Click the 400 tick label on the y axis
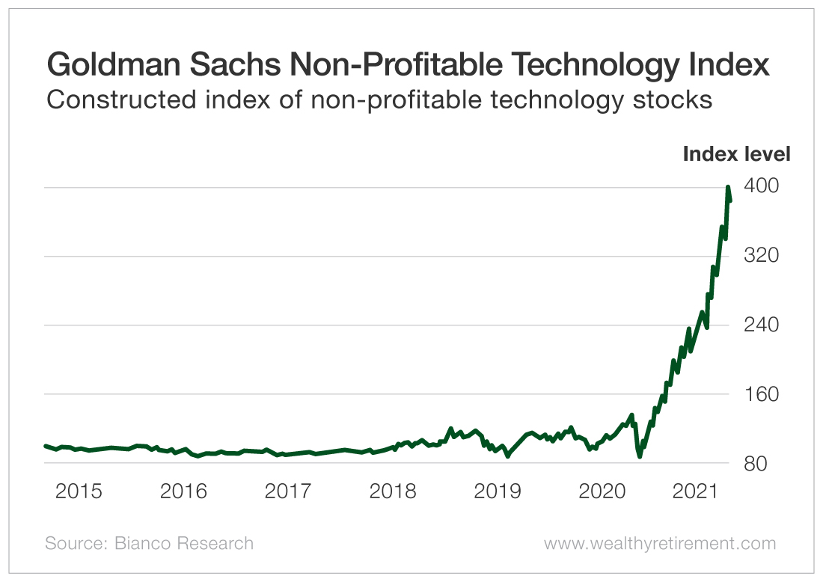pyautogui.click(x=761, y=186)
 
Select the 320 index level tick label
pyautogui.click(x=761, y=256)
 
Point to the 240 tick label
pyautogui.click(x=761, y=325)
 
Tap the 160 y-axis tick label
pyautogui.click(x=761, y=394)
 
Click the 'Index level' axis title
pyautogui.click(x=736, y=155)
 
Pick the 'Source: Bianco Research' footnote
pyautogui.click(x=149, y=543)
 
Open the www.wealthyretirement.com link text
pyautogui.click(x=660, y=543)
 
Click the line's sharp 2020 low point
pyautogui.click(x=640, y=456)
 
